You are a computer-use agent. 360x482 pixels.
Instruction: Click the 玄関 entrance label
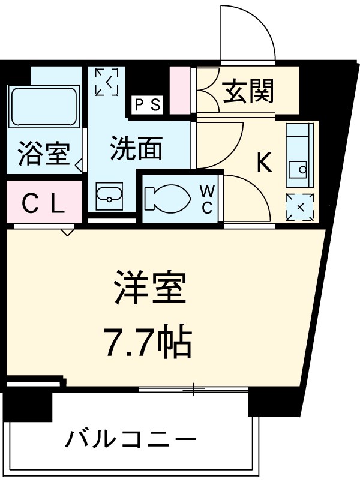tap(250, 92)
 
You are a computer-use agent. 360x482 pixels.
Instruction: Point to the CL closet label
tap(43, 205)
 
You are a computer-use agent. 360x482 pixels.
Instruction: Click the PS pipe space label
tap(147, 106)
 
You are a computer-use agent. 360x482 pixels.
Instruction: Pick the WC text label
tap(206, 200)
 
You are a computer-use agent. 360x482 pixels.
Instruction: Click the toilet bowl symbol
tap(165, 199)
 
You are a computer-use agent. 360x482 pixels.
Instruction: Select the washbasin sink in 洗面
tap(108, 195)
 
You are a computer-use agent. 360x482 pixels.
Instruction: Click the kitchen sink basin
tap(298, 170)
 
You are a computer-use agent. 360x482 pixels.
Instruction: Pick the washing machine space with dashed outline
tap(107, 82)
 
